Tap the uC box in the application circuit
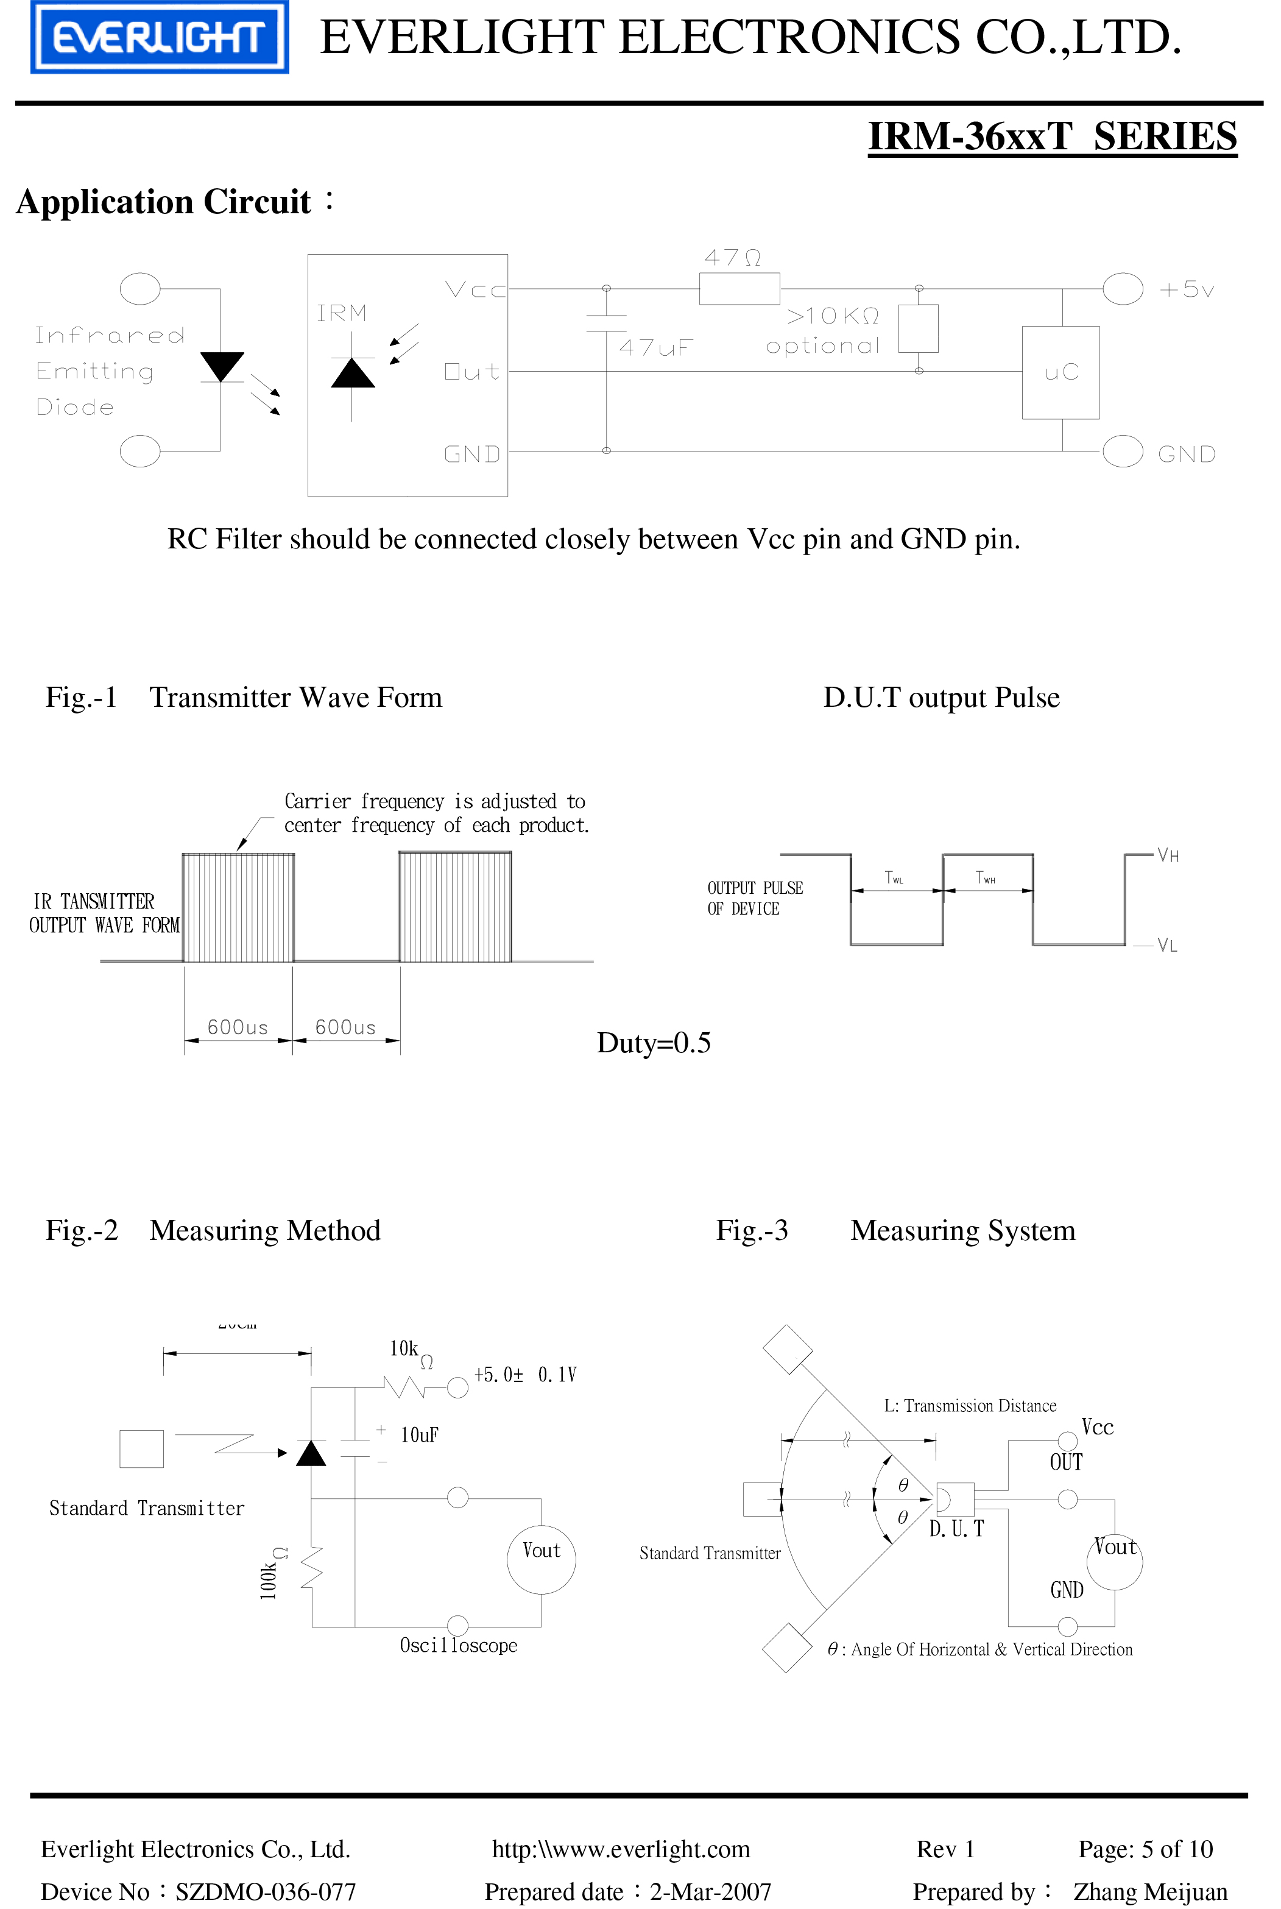coord(1060,373)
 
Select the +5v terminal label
coord(1186,289)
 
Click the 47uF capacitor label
coord(655,348)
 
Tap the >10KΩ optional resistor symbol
coord(919,328)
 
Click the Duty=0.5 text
coord(654,1043)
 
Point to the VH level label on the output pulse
coord(1168,855)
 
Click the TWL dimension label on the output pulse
coord(894,877)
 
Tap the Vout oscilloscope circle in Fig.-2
coord(541,1559)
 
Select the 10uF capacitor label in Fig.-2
coord(419,1435)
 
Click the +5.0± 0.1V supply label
coord(524,1375)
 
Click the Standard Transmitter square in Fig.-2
coord(141,1448)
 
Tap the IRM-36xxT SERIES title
coord(1052,136)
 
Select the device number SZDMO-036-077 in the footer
coord(266,1891)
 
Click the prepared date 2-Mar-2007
coord(710,1891)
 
